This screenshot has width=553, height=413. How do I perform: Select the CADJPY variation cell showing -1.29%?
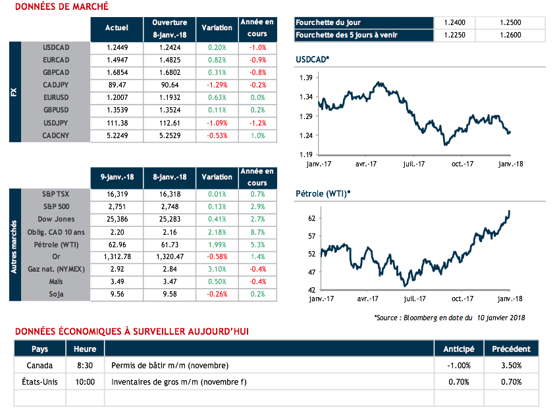pos(217,85)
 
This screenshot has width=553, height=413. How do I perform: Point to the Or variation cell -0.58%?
pos(217,256)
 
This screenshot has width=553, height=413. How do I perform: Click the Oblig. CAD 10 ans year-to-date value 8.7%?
pos(257,231)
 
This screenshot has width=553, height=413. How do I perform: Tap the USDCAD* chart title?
pos(313,61)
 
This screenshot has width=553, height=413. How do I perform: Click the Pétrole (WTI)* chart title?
pos(323,193)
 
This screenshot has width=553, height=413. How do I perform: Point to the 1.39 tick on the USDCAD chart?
pos(305,78)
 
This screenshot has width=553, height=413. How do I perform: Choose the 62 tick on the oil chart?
pos(312,218)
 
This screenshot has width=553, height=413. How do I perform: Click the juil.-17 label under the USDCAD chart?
pos(414,164)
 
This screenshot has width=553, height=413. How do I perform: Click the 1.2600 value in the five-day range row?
pos(513,35)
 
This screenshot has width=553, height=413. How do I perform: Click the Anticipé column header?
pos(458,349)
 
